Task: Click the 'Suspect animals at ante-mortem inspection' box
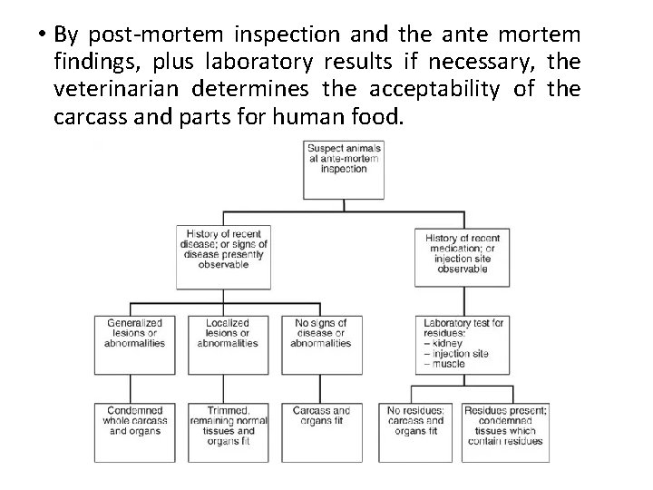coord(343,169)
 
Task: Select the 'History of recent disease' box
coord(225,256)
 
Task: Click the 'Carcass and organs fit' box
coord(321,430)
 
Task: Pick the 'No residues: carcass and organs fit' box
coord(415,430)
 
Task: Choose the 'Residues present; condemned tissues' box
coord(506,430)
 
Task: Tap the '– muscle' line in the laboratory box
coord(445,364)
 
